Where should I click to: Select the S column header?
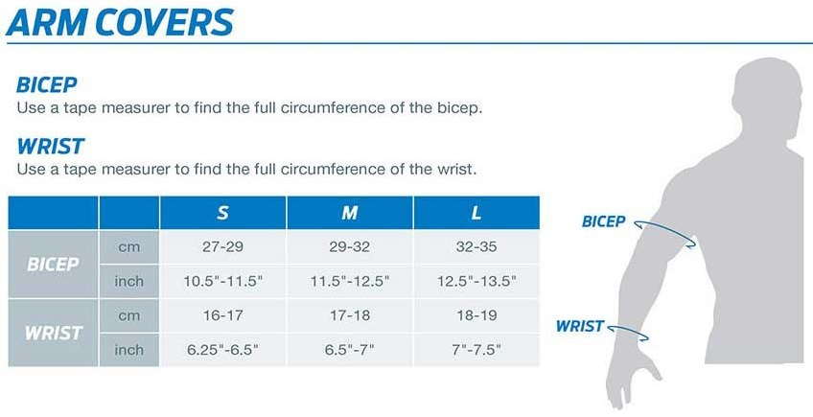point(222,213)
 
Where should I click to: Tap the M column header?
point(350,213)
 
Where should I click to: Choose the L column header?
point(476,213)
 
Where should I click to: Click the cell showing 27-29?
point(222,247)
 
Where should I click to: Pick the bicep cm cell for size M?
point(350,247)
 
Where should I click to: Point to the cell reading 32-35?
point(476,247)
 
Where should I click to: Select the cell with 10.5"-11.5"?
point(222,281)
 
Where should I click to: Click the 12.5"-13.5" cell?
point(476,281)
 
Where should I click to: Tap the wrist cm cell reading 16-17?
point(222,315)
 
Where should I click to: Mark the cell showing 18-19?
point(476,315)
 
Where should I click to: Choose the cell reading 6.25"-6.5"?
point(222,350)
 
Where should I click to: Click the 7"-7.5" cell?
point(476,350)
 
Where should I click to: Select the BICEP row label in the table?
point(53,265)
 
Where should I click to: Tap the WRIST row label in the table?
point(53,333)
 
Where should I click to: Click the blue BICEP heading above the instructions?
point(47,84)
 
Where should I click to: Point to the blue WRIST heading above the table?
point(50,147)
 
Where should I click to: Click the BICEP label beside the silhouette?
point(604,221)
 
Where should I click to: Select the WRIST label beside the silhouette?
point(580,326)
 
